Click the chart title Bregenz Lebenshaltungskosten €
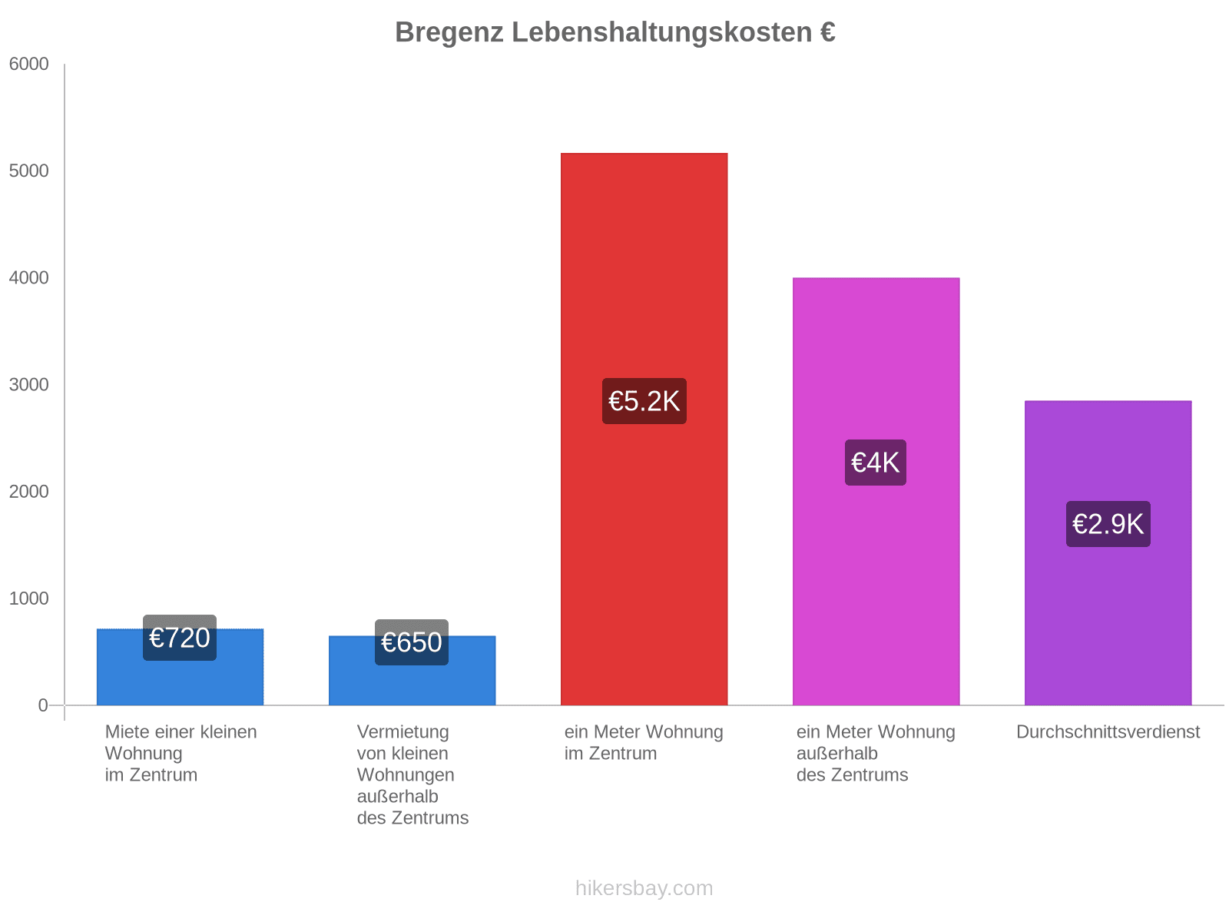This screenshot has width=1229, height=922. coord(614,32)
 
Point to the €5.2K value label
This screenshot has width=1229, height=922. coord(644,401)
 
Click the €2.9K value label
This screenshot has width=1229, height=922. coord(1108,524)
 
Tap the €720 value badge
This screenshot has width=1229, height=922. coord(180,638)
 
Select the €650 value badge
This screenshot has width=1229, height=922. coord(412,642)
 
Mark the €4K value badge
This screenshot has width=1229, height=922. coord(876,463)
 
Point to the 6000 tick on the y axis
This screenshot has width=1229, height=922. coord(29,65)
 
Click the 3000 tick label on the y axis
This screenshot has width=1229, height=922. coord(29,385)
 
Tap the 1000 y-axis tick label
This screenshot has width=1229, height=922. coord(29,599)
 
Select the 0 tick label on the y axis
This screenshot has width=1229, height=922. coord(43,705)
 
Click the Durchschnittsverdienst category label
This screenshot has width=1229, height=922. coord(1108,732)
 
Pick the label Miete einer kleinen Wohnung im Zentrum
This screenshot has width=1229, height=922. coord(181,753)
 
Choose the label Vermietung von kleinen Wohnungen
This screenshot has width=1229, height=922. coord(412,774)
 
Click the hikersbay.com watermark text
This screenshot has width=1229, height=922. coord(644,888)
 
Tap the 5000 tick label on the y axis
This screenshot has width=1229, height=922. coord(29,171)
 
